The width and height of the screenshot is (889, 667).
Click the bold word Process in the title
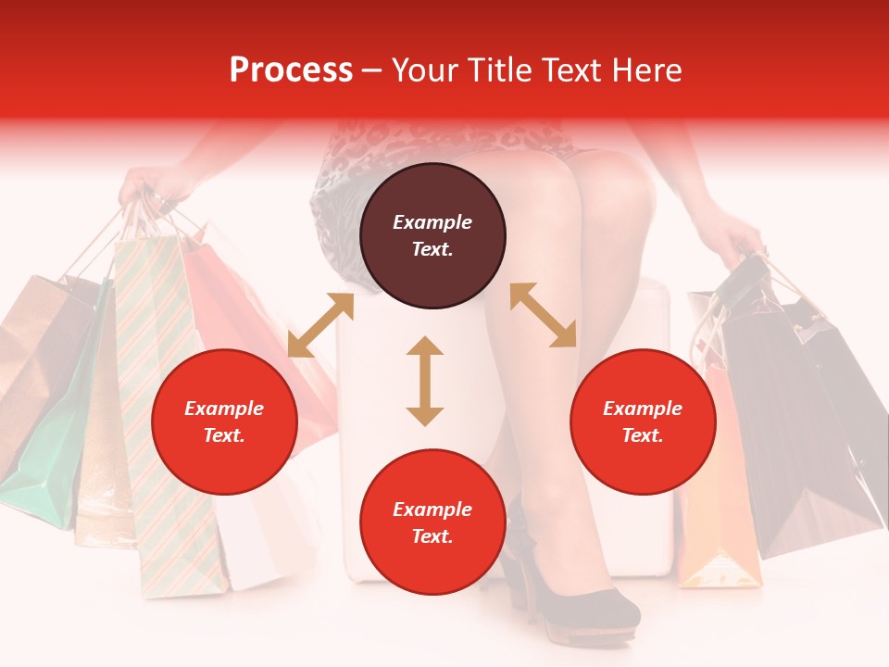291,70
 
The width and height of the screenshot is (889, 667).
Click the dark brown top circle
432,236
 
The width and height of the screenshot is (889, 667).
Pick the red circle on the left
224,422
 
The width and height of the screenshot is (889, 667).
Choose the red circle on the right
643,422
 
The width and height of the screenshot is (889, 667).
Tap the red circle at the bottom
432,522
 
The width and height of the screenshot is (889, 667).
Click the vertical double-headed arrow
425,381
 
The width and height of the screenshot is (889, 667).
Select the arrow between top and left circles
320,325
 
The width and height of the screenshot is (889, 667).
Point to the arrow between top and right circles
544,315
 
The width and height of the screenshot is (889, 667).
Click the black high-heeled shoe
574,593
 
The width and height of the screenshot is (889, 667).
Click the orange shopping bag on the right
718,500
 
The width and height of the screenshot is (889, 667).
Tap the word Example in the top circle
432,222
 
